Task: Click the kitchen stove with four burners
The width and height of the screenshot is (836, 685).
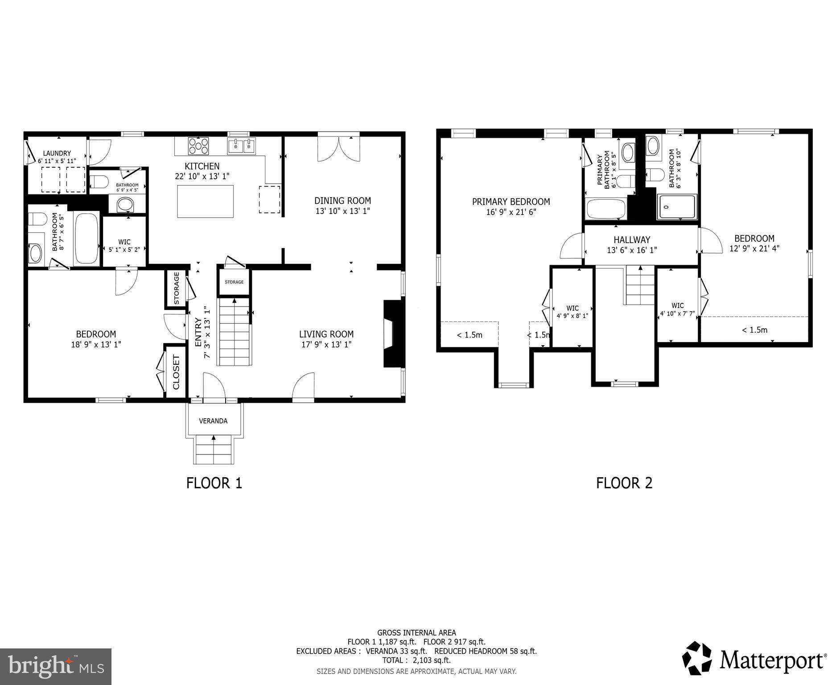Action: (x=198, y=145)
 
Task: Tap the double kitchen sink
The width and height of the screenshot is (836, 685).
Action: (x=241, y=145)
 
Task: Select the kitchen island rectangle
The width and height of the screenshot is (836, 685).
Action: (x=205, y=201)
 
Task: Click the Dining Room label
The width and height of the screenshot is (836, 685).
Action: (x=342, y=201)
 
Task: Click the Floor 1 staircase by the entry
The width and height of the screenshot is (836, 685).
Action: (x=234, y=332)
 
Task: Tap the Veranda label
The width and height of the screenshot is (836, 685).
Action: (x=213, y=421)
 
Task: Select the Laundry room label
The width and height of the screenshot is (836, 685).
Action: (x=57, y=153)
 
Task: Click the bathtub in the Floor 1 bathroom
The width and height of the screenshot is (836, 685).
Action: (x=86, y=239)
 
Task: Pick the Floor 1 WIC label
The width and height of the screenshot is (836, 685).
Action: (x=124, y=242)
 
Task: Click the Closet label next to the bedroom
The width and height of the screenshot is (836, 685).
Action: (x=176, y=372)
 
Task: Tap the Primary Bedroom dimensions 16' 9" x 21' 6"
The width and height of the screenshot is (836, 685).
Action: (x=511, y=212)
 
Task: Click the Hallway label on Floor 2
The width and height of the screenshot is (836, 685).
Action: (x=631, y=239)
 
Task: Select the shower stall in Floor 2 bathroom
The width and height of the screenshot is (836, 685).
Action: (x=676, y=207)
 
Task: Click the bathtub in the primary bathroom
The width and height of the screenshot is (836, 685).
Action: (x=606, y=209)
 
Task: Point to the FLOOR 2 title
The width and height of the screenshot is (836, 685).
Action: (x=624, y=483)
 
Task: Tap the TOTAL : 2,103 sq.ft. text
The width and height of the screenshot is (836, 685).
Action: (x=416, y=660)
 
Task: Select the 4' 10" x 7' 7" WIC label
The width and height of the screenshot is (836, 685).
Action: (x=677, y=313)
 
